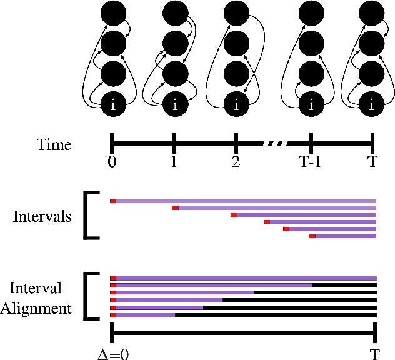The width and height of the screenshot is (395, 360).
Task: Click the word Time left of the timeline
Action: click(54, 146)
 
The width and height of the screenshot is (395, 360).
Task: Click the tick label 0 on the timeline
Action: click(112, 161)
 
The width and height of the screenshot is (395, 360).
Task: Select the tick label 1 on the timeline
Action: click(174, 161)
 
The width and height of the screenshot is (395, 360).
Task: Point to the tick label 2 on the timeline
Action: click(236, 161)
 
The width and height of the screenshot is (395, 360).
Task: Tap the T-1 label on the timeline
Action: click(310, 161)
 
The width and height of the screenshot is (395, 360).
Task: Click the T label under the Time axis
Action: click(372, 161)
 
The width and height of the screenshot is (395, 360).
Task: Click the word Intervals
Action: click(42, 217)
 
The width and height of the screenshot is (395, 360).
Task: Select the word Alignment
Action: click(40, 309)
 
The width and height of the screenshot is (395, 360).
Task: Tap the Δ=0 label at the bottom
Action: click(113, 354)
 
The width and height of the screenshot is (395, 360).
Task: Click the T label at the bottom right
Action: click(374, 354)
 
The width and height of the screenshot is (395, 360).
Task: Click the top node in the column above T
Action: click(372, 12)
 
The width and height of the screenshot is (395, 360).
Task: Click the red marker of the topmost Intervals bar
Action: click(113, 201)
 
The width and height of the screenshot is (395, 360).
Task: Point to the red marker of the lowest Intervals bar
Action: click(312, 236)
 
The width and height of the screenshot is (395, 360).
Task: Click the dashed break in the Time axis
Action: click(276, 144)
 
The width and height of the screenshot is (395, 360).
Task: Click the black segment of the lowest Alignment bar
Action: click(275, 315)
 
